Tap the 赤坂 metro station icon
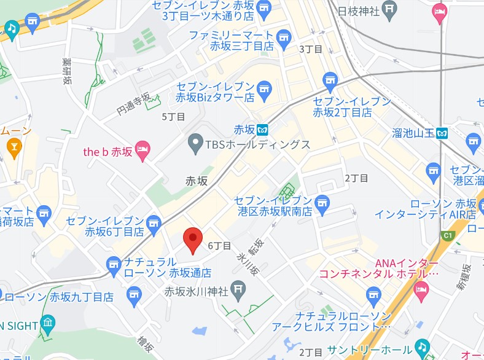[263, 130]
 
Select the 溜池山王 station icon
[442, 132]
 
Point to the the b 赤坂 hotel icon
[142, 150]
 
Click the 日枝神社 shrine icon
[389, 9]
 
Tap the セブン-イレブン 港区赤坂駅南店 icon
[321, 202]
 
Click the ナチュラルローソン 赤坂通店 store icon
[113, 266]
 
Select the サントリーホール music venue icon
[421, 347]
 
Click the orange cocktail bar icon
[13, 146]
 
